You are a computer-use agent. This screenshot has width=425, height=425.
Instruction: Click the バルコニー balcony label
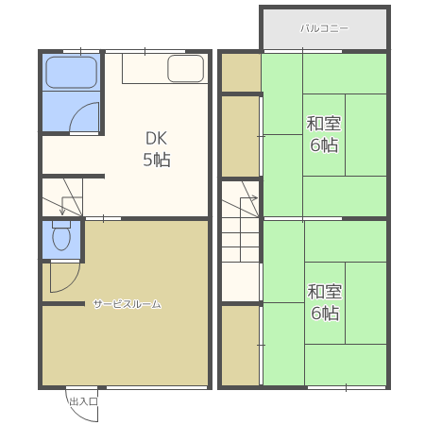(x=324, y=28)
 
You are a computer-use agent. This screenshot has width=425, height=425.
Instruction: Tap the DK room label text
(x=157, y=139)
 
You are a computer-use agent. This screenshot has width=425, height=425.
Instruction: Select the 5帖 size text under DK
(x=157, y=160)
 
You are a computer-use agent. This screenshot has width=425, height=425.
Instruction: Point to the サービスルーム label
(x=127, y=304)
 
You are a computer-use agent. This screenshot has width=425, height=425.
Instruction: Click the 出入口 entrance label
(x=83, y=401)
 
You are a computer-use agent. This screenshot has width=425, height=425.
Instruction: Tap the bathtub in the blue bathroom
(x=72, y=73)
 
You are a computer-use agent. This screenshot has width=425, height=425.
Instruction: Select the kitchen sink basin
(x=185, y=69)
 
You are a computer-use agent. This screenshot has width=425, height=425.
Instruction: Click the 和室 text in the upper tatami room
(x=324, y=124)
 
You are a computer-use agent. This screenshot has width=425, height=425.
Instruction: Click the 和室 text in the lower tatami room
(x=325, y=292)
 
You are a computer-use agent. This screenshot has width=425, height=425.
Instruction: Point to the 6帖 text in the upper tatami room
(x=324, y=145)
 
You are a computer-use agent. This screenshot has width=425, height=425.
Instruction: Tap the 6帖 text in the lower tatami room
(x=325, y=313)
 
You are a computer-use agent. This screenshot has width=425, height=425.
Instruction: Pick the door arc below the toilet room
(x=72, y=283)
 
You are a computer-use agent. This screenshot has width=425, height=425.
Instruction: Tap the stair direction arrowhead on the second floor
(x=254, y=198)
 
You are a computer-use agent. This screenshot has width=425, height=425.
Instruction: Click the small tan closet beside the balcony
(x=241, y=73)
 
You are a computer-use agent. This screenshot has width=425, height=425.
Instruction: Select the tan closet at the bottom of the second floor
(x=241, y=346)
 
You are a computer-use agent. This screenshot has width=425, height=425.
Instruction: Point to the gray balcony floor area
(x=325, y=29)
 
